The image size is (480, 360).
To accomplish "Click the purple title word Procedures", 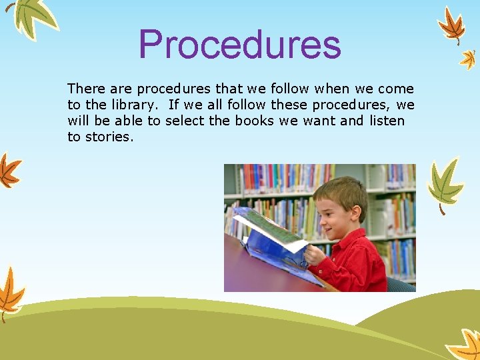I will (240, 44).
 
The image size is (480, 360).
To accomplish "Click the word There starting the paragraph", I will (82, 89).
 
